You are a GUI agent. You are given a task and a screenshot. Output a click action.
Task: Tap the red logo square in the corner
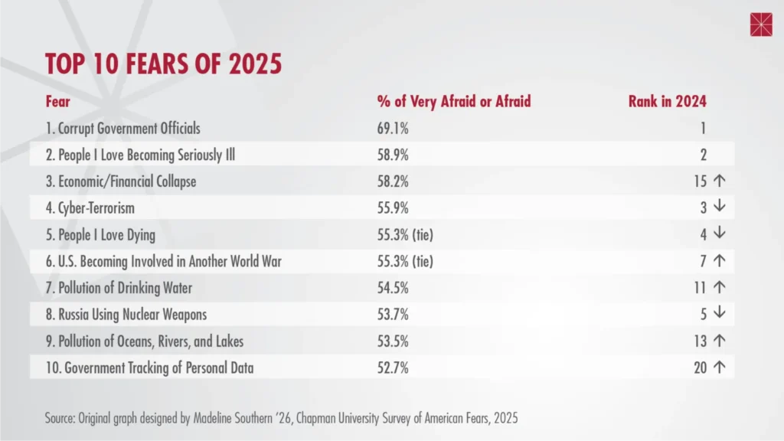[x=761, y=24]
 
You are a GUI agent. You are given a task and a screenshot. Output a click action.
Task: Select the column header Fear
[x=57, y=101]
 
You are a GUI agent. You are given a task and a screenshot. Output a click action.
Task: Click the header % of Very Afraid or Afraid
[x=453, y=101]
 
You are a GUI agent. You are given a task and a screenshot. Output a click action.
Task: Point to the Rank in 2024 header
[x=667, y=101]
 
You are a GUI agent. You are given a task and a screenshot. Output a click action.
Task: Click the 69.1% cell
[x=393, y=129]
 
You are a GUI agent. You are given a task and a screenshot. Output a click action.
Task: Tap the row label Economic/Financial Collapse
[x=120, y=181]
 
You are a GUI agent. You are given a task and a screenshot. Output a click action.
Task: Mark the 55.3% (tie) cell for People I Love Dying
[x=405, y=234]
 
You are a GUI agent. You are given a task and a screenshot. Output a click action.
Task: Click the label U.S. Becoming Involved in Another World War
[x=163, y=261]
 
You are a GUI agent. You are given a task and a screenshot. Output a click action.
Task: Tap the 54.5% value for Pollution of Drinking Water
[x=393, y=288]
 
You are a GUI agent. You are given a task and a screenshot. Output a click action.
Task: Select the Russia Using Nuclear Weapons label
[x=126, y=314]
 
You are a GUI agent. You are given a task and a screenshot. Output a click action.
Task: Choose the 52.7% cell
[x=393, y=367]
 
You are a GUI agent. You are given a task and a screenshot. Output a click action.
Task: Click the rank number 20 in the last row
[x=699, y=367]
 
